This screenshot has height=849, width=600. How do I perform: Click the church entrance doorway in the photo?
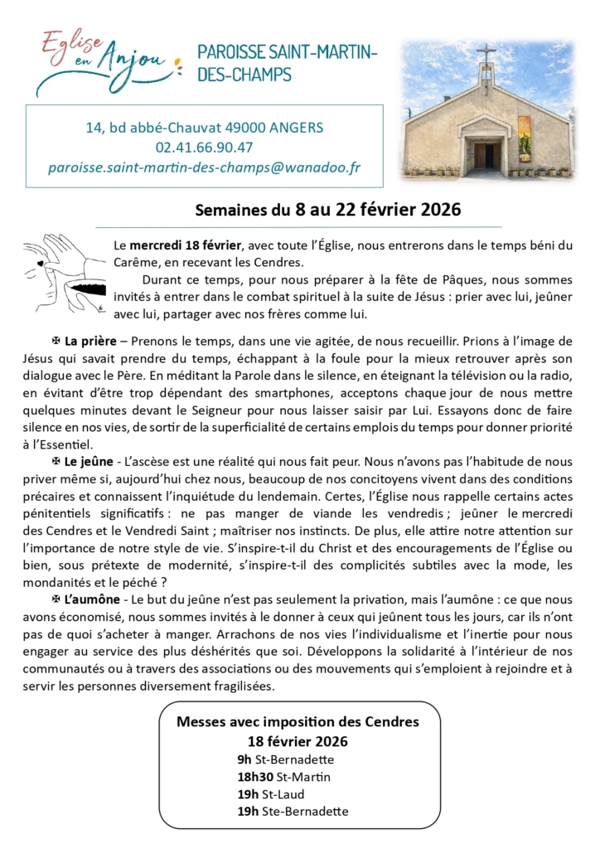tap(486, 156)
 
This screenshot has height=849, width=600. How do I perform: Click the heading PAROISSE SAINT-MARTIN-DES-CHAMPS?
tap(287, 63)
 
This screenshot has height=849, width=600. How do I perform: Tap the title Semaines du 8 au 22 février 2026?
tap(327, 210)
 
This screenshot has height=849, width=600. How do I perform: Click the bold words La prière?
tap(89, 341)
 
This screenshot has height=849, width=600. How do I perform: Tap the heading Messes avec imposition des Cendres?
tap(298, 721)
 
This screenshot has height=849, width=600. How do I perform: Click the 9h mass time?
tap(244, 759)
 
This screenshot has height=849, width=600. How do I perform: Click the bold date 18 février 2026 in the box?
tap(298, 740)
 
